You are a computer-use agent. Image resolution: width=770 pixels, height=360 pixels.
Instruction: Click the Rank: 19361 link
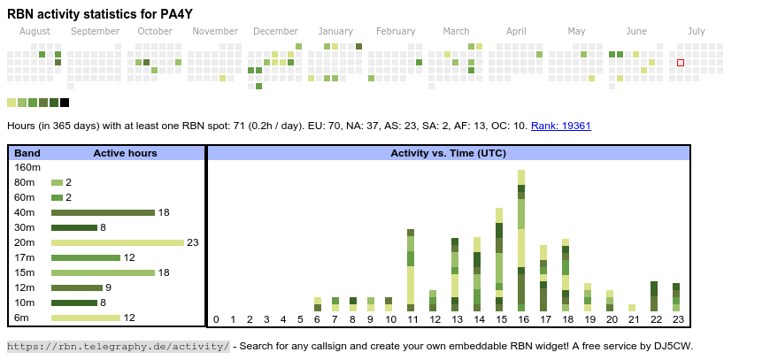pyautogui.click(x=561, y=126)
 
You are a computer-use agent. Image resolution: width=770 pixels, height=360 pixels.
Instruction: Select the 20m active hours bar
pyautogui.click(x=118, y=242)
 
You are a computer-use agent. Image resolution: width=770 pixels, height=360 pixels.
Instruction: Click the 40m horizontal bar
pyautogui.click(x=103, y=212)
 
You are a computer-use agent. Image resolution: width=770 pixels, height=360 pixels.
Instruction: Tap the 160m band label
pyautogui.click(x=27, y=167)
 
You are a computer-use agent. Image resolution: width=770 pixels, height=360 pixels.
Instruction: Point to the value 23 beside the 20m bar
pyautogui.click(x=193, y=242)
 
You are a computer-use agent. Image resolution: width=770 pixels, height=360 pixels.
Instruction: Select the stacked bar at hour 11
pyautogui.click(x=411, y=270)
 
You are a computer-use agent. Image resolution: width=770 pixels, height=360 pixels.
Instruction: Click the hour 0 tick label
pyautogui.click(x=216, y=319)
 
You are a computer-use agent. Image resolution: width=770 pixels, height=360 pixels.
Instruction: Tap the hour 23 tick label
pyautogui.click(x=677, y=319)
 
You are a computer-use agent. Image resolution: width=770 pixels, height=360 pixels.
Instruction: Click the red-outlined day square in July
pyautogui.click(x=681, y=63)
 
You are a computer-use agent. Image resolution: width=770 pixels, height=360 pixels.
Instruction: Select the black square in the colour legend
pyautogui.click(x=65, y=103)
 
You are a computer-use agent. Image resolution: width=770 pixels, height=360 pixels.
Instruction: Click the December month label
pyautogui.click(x=275, y=31)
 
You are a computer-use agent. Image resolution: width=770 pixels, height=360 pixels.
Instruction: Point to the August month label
pyautogui.click(x=35, y=31)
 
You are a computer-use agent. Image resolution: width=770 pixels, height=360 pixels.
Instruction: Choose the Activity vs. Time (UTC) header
pyautogui.click(x=448, y=153)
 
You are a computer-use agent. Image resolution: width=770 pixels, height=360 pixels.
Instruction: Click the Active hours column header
pyautogui.click(x=125, y=153)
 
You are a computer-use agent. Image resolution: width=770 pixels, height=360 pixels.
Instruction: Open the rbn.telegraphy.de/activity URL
pyautogui.click(x=119, y=346)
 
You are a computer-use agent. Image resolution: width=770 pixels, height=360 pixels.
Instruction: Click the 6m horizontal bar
pyautogui.click(x=86, y=318)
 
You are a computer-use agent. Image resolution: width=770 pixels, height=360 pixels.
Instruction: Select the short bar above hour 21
pyautogui.click(x=632, y=308)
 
